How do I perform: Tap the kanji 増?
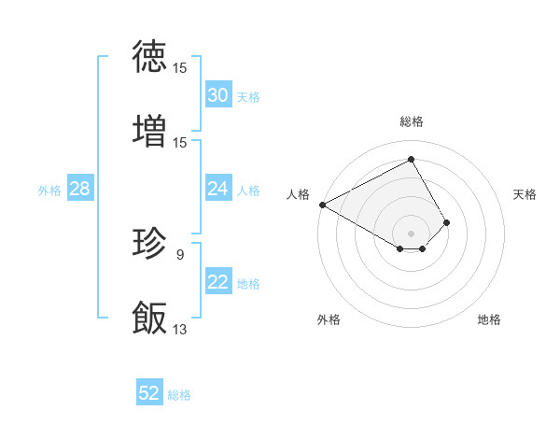click(x=149, y=131)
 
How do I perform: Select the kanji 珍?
click(x=149, y=244)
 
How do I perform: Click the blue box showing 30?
click(x=218, y=95)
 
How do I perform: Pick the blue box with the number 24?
click(x=218, y=189)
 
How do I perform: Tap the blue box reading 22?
click(x=218, y=282)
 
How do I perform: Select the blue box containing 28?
click(x=79, y=189)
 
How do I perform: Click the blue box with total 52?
click(x=149, y=393)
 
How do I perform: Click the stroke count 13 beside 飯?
click(x=180, y=329)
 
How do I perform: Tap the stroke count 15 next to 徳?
click(x=180, y=68)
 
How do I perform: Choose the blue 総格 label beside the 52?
click(x=179, y=395)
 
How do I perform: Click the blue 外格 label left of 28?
click(x=49, y=190)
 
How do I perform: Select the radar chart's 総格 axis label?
click(x=412, y=121)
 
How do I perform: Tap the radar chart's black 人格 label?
click(x=298, y=194)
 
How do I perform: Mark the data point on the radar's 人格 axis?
click(x=322, y=204)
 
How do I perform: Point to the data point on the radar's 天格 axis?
click(x=447, y=222)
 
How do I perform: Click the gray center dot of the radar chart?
click(x=412, y=233)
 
